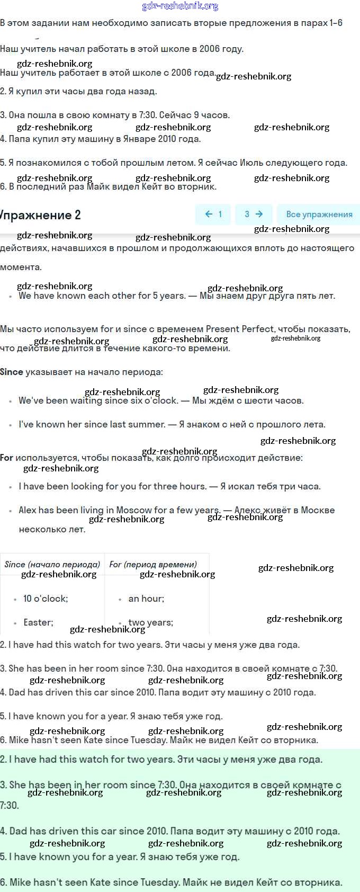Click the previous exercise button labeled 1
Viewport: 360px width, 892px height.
coord(213,215)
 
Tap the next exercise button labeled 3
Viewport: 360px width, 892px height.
coord(253,215)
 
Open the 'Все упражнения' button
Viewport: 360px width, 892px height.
coord(319,215)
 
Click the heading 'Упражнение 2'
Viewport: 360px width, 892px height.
coord(40,215)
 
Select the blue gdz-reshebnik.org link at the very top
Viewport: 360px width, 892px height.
coord(180,6)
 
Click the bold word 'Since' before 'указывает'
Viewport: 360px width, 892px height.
coord(12,372)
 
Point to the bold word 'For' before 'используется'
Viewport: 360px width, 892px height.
coord(7,458)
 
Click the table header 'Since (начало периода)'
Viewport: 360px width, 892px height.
coord(52,564)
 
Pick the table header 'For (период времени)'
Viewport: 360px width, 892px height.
coord(153,564)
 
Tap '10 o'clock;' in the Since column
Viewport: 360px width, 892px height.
coord(46,599)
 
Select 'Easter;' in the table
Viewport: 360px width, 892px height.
coord(38,622)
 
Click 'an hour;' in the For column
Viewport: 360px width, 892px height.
coord(146,599)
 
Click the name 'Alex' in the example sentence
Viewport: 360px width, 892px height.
coord(28,510)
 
